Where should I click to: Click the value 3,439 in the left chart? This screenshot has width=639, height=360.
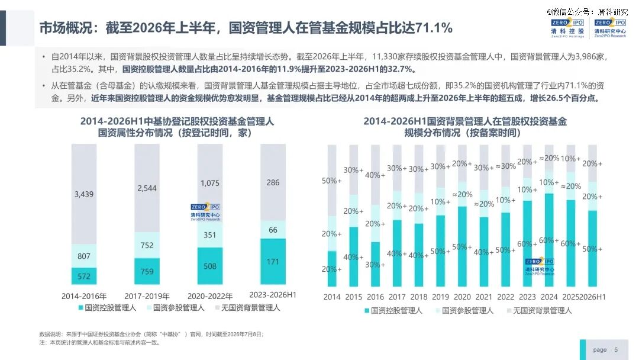pyautogui.click(x=84, y=194)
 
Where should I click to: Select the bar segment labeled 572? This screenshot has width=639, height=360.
pyautogui.click(x=84, y=276)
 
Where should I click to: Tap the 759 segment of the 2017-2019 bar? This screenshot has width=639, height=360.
pyautogui.click(x=147, y=271)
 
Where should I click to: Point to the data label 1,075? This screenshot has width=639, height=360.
pyautogui.click(x=210, y=183)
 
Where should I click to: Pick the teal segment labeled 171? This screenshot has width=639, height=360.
pyautogui.click(x=273, y=261)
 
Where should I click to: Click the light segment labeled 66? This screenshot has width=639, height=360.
pyautogui.click(x=273, y=230)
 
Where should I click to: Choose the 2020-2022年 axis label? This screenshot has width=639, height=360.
pyautogui.click(x=210, y=296)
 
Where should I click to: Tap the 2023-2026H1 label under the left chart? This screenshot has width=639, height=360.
pyautogui.click(x=273, y=295)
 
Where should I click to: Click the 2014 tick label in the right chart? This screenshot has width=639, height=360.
pyautogui.click(x=332, y=297)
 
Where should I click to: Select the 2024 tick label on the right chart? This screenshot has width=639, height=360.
pyautogui.click(x=549, y=297)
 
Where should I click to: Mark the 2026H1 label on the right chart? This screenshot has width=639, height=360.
pyautogui.click(x=592, y=297)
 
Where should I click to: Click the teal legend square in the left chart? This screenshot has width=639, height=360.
pyautogui.click(x=80, y=307)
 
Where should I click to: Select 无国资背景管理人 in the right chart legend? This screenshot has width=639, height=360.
pyautogui.click(x=543, y=311)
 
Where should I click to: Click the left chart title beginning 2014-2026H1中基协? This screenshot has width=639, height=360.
pyautogui.click(x=177, y=127)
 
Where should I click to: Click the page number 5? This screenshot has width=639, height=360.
pyautogui.click(x=616, y=349)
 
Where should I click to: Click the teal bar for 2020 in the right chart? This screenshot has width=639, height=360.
pyautogui.click(x=462, y=246)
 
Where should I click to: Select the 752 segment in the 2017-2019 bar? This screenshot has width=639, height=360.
pyautogui.click(x=147, y=245)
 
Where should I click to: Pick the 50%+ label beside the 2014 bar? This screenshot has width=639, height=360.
pyautogui.click(x=332, y=181)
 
